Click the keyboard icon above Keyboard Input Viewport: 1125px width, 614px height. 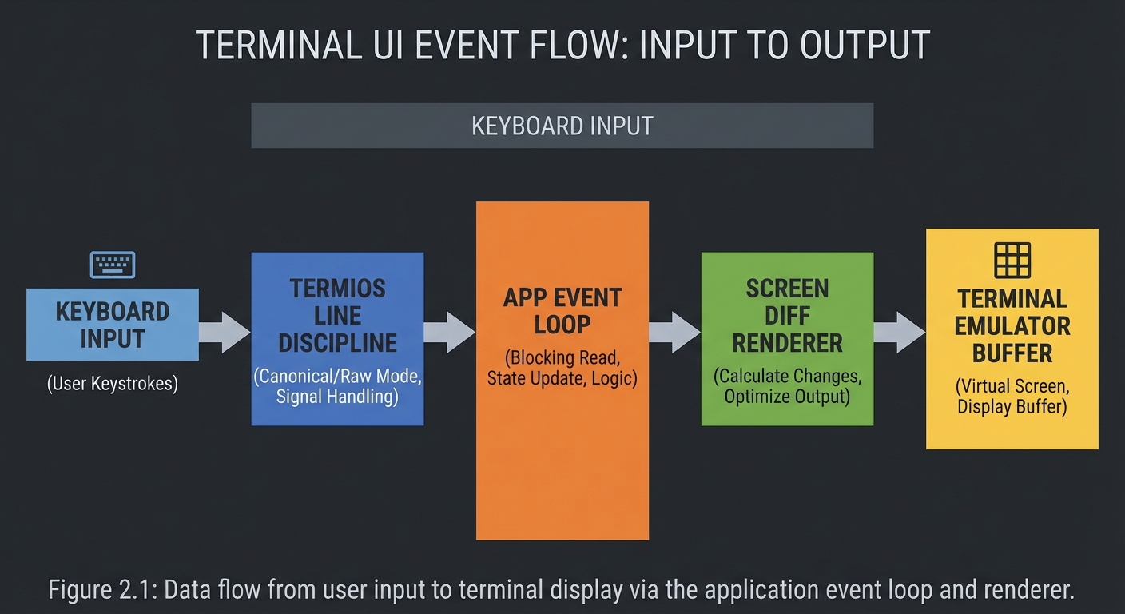[113, 265]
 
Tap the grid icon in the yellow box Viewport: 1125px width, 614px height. [1012, 261]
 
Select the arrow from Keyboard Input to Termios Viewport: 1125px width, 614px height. [225, 332]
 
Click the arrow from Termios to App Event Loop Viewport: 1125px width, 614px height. [449, 332]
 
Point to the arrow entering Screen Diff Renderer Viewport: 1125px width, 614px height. [674, 332]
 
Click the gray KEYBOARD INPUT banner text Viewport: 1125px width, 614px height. [562, 126]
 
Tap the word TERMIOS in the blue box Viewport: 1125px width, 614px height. [337, 289]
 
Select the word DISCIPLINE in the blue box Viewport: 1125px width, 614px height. [337, 343]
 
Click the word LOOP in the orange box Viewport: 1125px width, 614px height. [562, 325]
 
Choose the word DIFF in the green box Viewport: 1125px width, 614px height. [787, 316]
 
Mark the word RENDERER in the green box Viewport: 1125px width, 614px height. [787, 343]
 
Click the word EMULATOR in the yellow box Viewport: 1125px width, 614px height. [1012, 326]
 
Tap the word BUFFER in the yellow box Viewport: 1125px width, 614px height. [1012, 353]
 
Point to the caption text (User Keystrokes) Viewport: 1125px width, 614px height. [113, 384]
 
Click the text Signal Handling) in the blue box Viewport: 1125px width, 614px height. [337, 396]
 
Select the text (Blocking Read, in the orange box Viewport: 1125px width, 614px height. [562, 357]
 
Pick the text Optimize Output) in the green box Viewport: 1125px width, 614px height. [787, 396]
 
